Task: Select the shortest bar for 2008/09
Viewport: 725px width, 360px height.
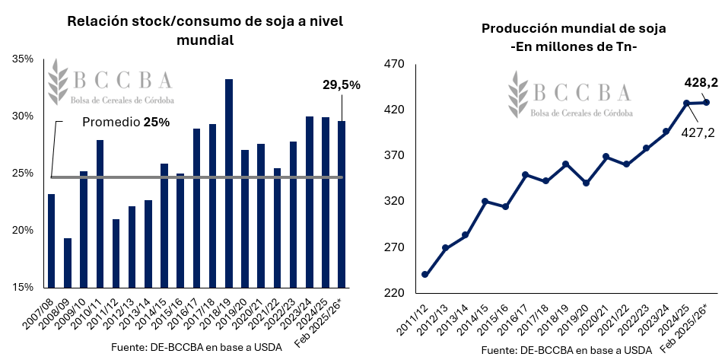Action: click(68, 263)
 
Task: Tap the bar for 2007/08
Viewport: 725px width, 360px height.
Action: click(51, 241)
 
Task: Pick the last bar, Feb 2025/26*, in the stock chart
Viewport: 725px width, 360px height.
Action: click(342, 204)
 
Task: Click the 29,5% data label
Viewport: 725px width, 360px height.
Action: click(340, 85)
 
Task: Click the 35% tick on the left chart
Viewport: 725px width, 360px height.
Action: click(22, 59)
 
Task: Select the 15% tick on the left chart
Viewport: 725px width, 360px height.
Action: click(22, 288)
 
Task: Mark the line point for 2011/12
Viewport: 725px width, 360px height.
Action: click(425, 275)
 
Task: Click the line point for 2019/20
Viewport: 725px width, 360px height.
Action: click(586, 183)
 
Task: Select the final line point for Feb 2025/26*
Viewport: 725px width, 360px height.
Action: click(706, 103)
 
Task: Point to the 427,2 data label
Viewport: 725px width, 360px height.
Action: click(699, 133)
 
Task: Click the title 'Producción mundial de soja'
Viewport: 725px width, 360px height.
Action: click(574, 29)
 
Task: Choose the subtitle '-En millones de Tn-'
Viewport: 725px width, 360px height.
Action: click(574, 47)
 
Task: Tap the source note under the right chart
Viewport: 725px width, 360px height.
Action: click(567, 350)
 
